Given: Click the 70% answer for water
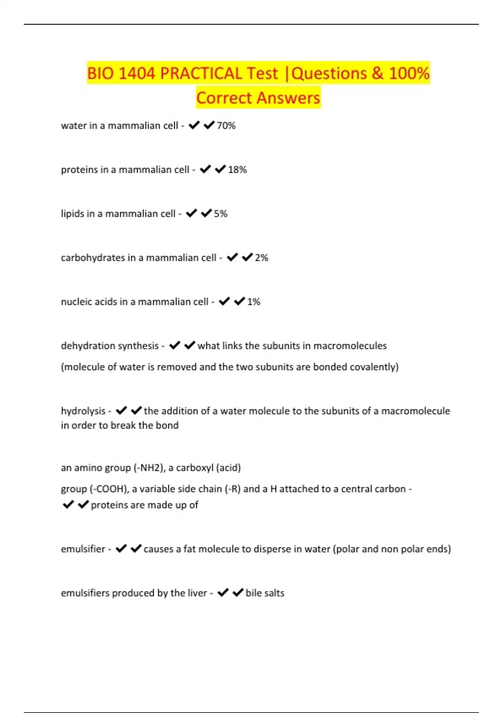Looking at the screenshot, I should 226,125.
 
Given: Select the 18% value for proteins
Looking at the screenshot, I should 237,169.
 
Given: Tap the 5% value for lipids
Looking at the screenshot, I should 220,213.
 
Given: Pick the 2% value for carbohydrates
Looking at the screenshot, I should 262,258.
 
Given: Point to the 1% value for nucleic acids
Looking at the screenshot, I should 254,302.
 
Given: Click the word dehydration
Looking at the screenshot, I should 86,346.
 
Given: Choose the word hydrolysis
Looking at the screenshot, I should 83,411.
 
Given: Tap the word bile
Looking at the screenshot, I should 254,593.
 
